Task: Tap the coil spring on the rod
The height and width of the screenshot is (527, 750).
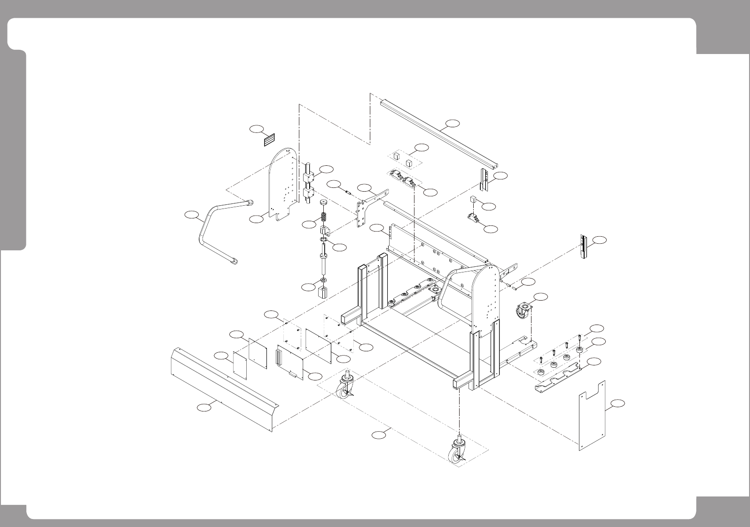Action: tap(324, 219)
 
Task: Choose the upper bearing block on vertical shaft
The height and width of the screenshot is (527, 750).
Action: tap(308, 178)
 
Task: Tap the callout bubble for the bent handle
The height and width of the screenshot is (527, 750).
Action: tap(191, 215)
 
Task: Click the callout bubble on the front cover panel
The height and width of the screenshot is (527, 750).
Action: tap(203, 408)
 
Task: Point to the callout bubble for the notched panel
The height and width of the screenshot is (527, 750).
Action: tap(618, 403)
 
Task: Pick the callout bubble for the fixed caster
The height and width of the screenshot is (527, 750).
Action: tap(541, 296)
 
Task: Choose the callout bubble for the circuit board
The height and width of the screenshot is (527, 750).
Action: tap(315, 376)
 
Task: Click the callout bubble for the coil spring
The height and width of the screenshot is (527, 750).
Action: tap(308, 225)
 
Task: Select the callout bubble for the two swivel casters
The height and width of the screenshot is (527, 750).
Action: tap(379, 435)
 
